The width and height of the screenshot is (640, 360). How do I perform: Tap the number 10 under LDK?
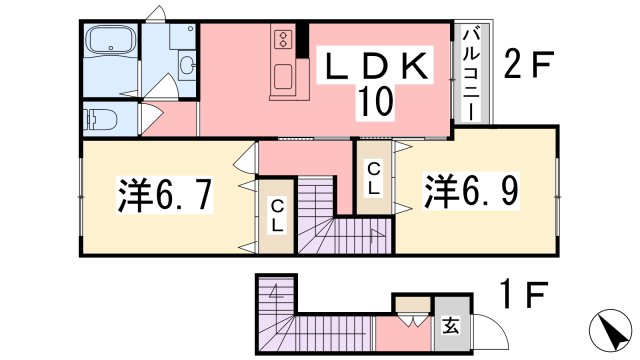pos(376,101)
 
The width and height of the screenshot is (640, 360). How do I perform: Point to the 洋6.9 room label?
pos(471,191)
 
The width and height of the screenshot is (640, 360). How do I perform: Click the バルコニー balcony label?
pos(471,73)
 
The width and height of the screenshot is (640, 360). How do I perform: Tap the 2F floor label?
pos(529,64)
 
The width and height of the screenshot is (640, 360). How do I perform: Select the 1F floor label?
pos(525,294)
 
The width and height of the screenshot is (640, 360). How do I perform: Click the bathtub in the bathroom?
pos(111,40)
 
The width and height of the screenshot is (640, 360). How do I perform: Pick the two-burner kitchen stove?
pos(282,39)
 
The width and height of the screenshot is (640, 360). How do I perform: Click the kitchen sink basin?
pos(283,76)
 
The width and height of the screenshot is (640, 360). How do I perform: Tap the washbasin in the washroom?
pos(187,65)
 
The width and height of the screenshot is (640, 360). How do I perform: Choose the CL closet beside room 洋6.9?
pos(374,177)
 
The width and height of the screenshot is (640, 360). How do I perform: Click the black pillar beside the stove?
pos(302,40)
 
